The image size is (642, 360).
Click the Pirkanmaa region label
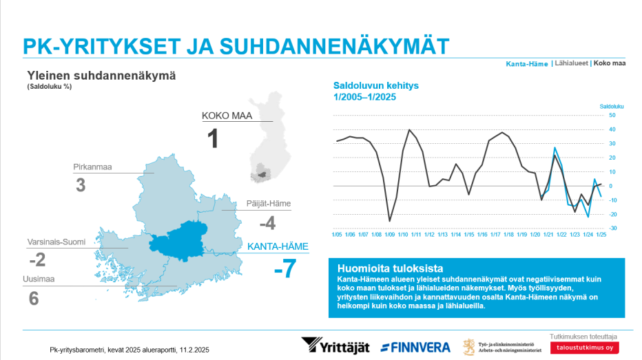click(x=92, y=167)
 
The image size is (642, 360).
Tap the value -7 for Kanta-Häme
click(x=285, y=268)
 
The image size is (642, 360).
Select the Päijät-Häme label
click(x=269, y=203)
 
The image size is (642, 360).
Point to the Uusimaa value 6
click(x=34, y=299)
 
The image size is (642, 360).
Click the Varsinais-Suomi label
click(x=56, y=242)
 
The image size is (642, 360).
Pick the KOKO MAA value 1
click(x=213, y=138)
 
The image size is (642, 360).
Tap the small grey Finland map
click(x=270, y=137)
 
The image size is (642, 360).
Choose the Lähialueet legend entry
click(x=571, y=63)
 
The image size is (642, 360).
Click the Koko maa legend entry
click(x=609, y=63)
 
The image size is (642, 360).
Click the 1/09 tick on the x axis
click(x=390, y=235)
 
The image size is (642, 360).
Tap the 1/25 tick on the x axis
click(x=601, y=235)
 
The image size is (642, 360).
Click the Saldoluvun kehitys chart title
click(x=376, y=92)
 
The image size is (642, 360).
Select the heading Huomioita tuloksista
click(x=390, y=268)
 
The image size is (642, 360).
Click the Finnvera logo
click(x=415, y=348)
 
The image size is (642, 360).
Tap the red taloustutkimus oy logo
click(x=584, y=348)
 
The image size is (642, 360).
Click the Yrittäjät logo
click(x=335, y=346)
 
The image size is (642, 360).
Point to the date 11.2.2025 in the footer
click(x=194, y=350)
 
